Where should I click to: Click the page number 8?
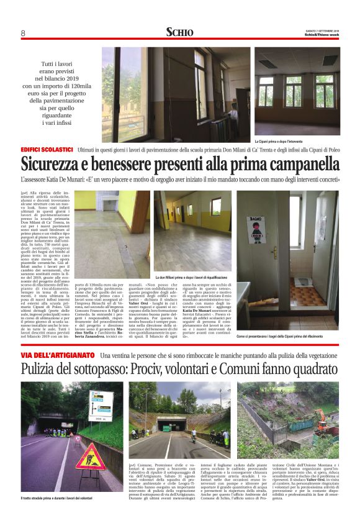22,33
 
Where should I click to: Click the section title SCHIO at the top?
179,32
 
